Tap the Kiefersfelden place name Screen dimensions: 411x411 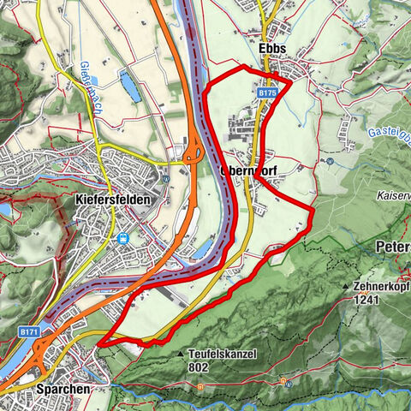(x=108, y=200)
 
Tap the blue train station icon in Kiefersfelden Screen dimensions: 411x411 (x=123, y=238)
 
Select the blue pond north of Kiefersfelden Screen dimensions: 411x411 (x=129, y=86)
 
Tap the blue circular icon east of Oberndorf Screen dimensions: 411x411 (x=330, y=160)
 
